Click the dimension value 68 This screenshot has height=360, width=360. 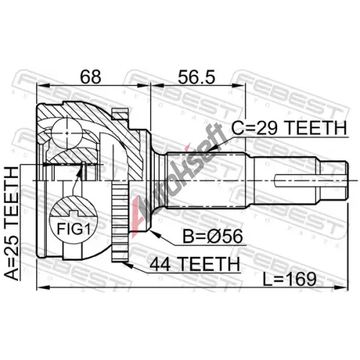point(91,77)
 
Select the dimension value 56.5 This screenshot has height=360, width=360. point(197,77)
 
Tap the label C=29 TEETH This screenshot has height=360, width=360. point(289,128)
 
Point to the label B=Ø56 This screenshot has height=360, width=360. point(213,236)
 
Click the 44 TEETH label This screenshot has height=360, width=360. point(194,264)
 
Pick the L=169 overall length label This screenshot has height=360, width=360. point(289,279)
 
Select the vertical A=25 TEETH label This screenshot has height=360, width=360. point(12,223)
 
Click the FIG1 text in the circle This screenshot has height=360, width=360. point(73,228)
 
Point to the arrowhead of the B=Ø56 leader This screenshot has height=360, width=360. point(153,233)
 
